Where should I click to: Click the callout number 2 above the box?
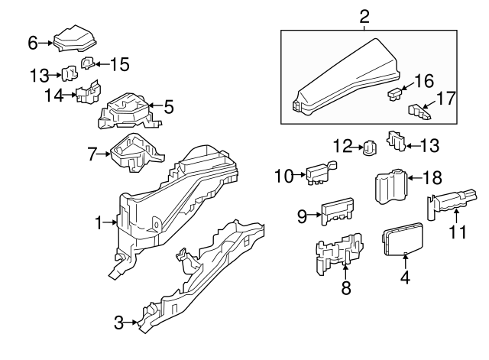click(364, 15)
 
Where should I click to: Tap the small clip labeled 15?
click(87, 63)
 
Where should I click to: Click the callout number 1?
click(99, 222)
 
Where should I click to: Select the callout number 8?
click(345, 287)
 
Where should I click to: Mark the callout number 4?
click(405, 278)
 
